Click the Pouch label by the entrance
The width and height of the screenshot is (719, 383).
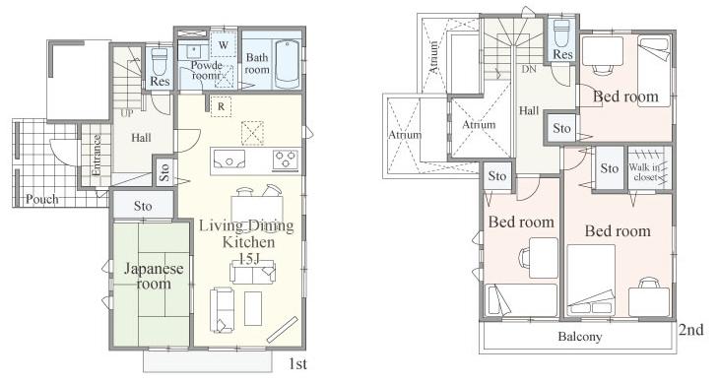click(x=42, y=199)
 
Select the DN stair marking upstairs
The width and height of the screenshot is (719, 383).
click(x=528, y=70)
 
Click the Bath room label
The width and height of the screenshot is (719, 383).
click(x=257, y=64)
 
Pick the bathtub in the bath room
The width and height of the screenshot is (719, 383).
click(x=289, y=63)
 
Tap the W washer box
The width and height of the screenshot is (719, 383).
click(x=224, y=45)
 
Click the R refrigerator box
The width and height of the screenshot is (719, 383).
click(x=222, y=105)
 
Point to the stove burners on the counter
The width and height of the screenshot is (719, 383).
click(x=286, y=159)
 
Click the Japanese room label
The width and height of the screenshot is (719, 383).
click(x=153, y=275)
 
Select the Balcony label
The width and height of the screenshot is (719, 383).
click(x=579, y=336)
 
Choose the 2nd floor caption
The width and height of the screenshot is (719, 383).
click(x=690, y=330)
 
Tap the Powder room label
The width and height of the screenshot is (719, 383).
click(x=206, y=70)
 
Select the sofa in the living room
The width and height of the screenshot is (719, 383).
click(x=222, y=308)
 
